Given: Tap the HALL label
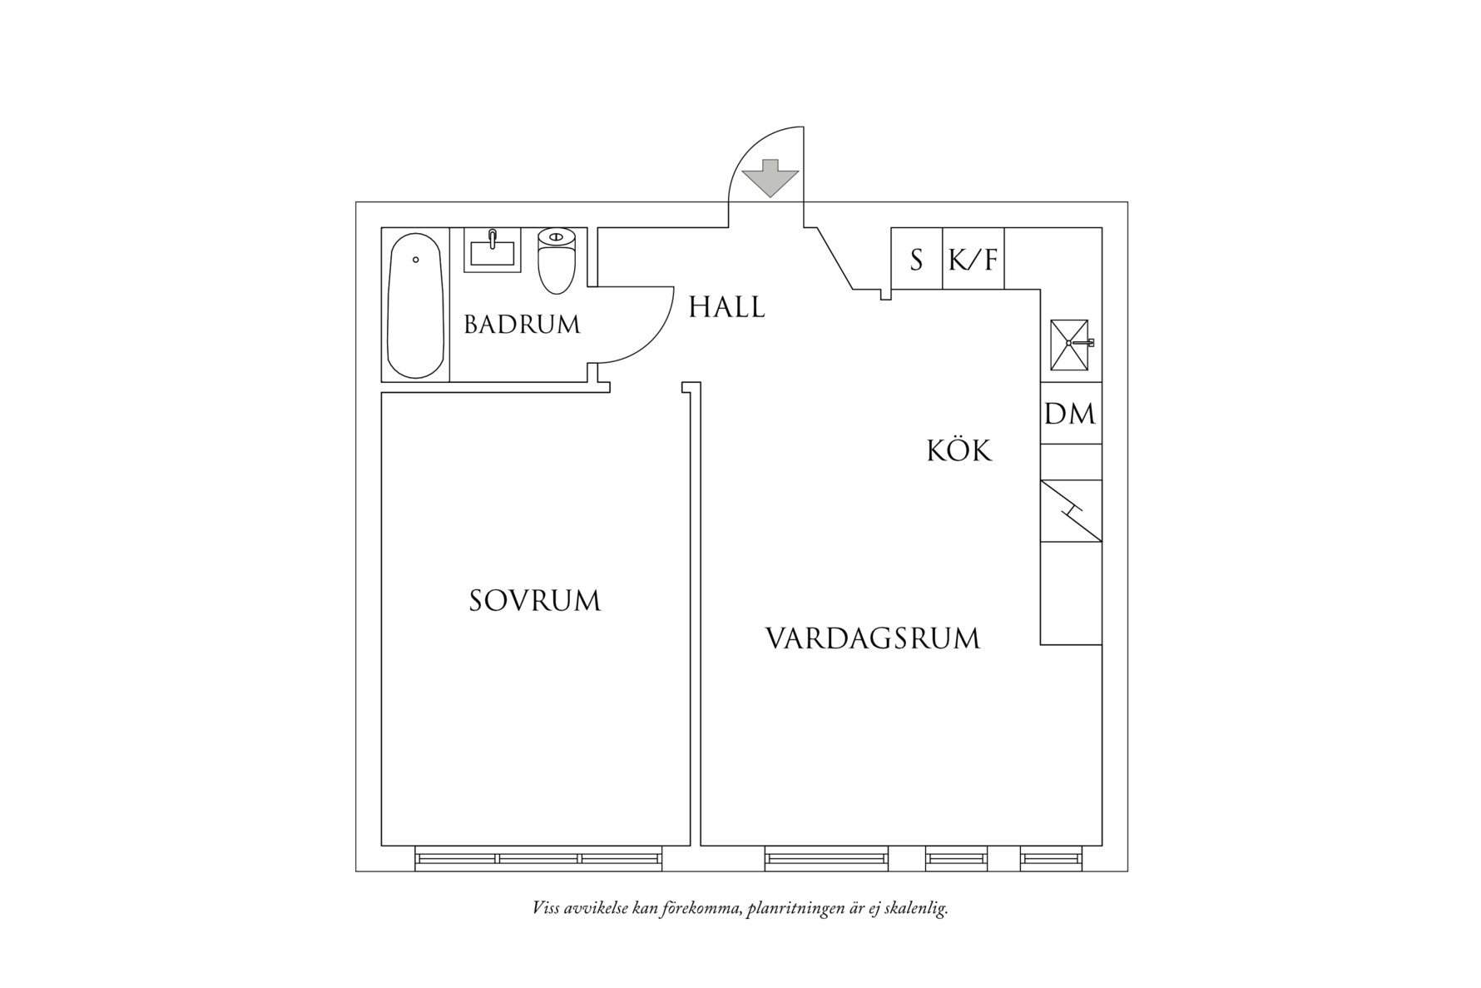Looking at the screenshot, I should [x=726, y=307].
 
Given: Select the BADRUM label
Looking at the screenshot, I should [x=522, y=325].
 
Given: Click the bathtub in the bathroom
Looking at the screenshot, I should [x=416, y=305].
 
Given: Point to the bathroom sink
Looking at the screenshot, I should [x=492, y=250].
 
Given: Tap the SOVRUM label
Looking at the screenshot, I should [x=535, y=600].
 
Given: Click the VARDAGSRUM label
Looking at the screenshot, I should [x=872, y=638].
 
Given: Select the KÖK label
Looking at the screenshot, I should [x=959, y=451].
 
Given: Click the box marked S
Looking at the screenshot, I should [x=916, y=260].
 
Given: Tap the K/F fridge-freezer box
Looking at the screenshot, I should [x=973, y=260].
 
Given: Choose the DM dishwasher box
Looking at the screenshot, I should [x=1070, y=413].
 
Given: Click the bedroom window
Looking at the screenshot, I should [x=538, y=858].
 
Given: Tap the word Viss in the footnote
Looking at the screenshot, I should [x=546, y=908].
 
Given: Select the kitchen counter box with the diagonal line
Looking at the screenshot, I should [x=1070, y=511].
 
